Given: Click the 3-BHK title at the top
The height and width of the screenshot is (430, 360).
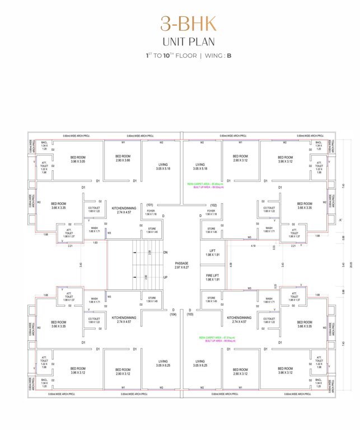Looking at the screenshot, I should pos(180,23).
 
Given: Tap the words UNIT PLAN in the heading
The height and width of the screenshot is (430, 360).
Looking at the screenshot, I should pos(180,41).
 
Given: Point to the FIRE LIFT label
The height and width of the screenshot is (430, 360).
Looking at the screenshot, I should pos(211,277).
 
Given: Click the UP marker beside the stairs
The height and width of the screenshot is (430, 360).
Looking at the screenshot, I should pos(166,277).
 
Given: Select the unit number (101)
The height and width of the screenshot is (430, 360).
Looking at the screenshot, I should pos(150,205).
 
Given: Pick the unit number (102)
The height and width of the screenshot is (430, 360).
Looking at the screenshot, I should pos(213,205).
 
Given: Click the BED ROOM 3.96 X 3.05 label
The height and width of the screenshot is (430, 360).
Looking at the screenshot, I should pos(78,160).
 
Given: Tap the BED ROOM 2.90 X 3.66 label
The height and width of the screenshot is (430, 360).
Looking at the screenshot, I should pos(123,158).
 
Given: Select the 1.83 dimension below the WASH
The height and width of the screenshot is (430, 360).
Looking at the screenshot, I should pos(95,242).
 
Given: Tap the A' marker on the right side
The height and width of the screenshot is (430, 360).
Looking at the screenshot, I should pos(342,219).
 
